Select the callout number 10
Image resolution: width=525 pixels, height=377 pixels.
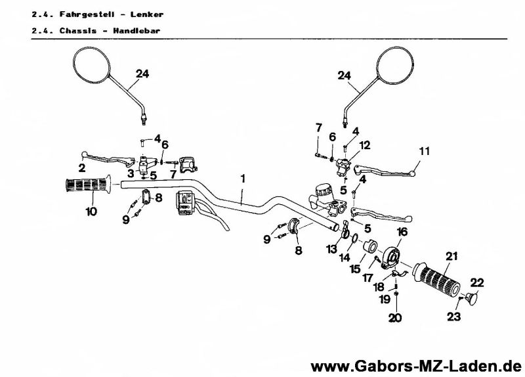point(90,211)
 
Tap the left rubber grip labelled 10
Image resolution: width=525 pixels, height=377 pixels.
point(88,187)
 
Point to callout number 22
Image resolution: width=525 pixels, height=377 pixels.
point(477,282)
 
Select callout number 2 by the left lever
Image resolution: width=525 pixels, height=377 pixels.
point(81,167)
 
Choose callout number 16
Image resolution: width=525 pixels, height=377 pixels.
point(402,232)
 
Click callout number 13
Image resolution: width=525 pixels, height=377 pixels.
point(331,249)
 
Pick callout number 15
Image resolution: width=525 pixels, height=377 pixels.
point(355,269)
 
